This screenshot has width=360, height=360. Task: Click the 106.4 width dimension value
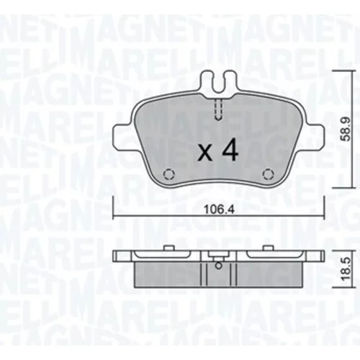tap(218, 210)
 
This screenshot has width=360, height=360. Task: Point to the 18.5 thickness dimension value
tap(346, 269)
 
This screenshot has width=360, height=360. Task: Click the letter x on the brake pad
tap(205, 153)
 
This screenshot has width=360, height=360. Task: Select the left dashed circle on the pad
tap(169, 174)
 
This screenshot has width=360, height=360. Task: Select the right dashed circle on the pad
tap(268, 174)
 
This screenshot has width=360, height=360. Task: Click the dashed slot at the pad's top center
tap(218, 109)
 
